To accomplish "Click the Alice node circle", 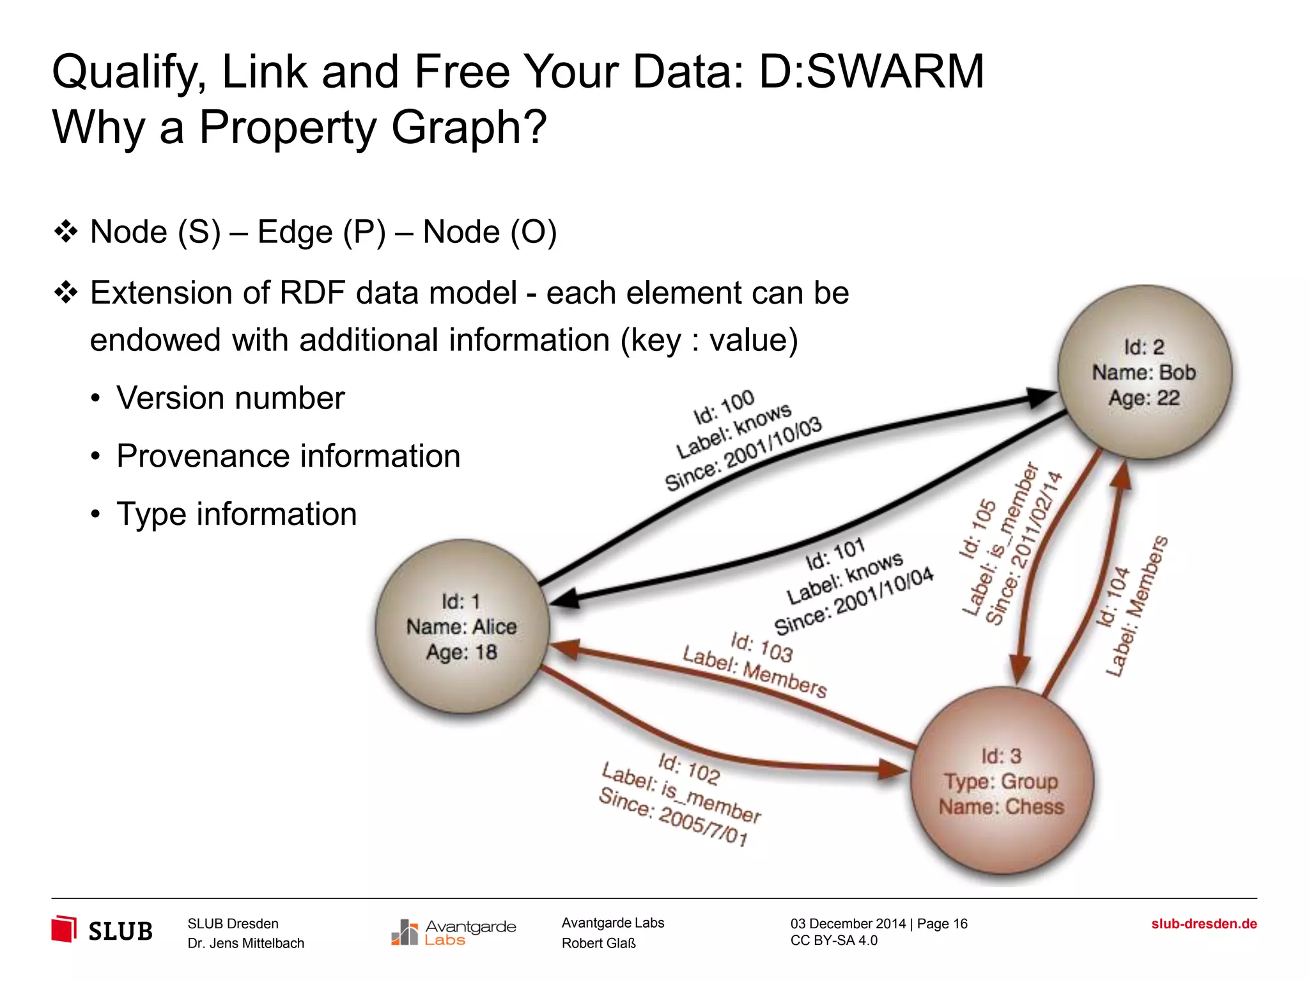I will [x=462, y=627].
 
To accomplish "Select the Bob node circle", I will [x=1144, y=372].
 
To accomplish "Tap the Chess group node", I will [x=1002, y=781].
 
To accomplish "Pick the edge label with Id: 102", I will [x=681, y=799].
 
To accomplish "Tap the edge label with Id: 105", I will [x=1010, y=543].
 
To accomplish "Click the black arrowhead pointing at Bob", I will [x=1039, y=397].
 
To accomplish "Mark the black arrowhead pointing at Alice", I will [x=565, y=598].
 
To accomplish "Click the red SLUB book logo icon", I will [x=64, y=929].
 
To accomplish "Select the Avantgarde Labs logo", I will [x=454, y=932].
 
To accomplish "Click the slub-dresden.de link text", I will [x=1204, y=924].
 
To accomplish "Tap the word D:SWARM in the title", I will [x=871, y=72].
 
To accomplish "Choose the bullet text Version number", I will [x=230, y=398].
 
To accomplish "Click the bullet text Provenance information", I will [x=288, y=456].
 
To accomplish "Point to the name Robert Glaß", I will [x=598, y=944].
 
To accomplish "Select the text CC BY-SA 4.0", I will [x=833, y=940].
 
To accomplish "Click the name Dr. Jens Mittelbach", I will [x=245, y=944].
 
